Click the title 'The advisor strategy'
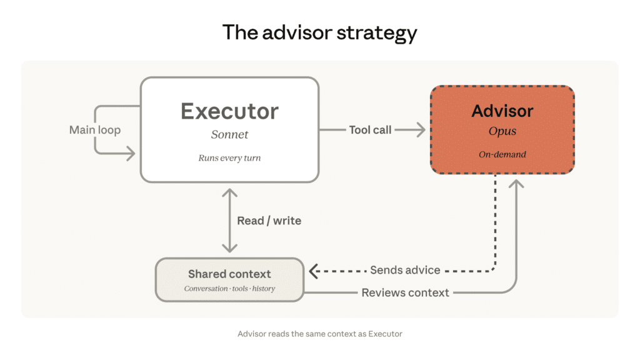319,32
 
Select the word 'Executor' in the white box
229,111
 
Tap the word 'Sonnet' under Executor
229,134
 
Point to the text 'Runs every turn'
229,158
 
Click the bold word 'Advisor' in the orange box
502,111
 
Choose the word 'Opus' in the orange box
502,132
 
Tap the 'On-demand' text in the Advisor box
502,154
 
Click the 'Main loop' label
95,130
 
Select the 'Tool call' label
371,130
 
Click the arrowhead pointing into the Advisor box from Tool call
421,130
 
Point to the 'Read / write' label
269,221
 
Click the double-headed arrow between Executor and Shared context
230,221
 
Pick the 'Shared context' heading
229,274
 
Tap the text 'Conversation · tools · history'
229,289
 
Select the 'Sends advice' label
405,270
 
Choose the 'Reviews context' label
405,292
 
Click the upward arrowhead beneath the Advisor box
517,185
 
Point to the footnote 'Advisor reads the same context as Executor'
319,334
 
